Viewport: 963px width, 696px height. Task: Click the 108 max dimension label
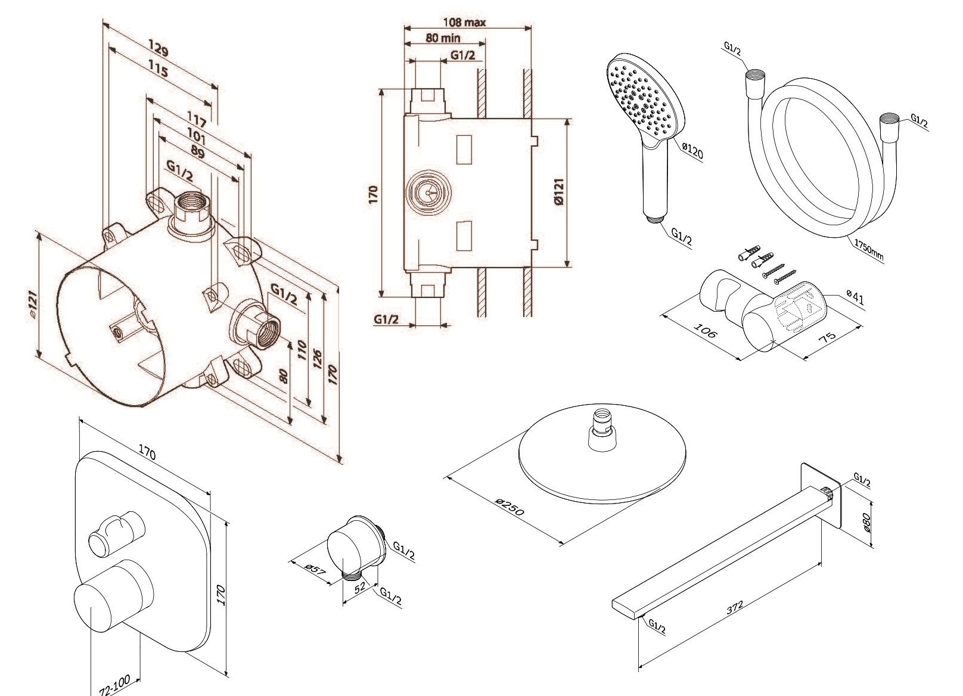click(x=464, y=23)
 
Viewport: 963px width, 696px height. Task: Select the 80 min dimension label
click(x=442, y=38)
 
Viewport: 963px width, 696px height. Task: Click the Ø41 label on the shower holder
click(x=855, y=297)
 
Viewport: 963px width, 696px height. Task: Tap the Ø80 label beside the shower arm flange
click(x=868, y=524)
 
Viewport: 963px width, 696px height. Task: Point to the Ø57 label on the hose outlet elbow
click(x=316, y=569)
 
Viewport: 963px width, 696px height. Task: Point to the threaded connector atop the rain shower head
click(x=603, y=427)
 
